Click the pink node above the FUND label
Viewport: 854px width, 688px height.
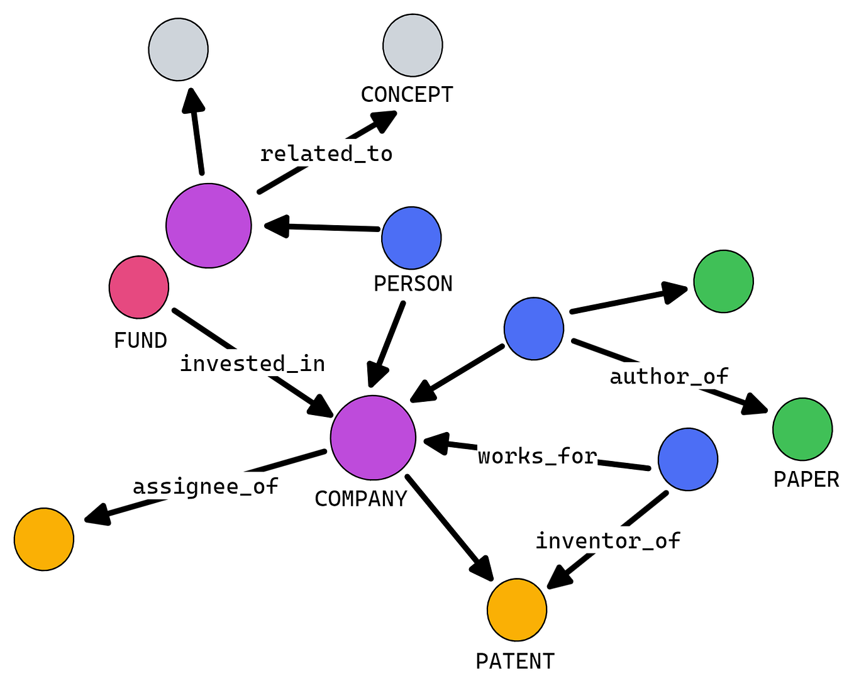point(139,287)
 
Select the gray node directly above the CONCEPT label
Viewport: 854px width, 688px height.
point(413,45)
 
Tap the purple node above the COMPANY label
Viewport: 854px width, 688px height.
point(373,438)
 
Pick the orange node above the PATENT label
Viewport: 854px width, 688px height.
point(517,609)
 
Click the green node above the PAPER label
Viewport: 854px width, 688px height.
point(802,429)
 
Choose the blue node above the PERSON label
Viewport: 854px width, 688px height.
point(411,238)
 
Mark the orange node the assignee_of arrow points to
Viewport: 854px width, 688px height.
point(44,539)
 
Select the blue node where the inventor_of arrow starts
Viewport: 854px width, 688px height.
point(688,459)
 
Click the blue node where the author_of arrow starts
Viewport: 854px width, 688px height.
point(534,329)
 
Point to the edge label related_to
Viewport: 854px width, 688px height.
point(326,154)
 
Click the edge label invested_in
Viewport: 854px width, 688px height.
point(252,363)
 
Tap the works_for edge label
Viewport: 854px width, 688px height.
point(537,456)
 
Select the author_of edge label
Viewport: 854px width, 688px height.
point(668,376)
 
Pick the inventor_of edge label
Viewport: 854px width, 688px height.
point(607,541)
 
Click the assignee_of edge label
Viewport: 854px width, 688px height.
point(205,486)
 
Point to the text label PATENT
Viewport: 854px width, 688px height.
point(515,662)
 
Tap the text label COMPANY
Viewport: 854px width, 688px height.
point(361,499)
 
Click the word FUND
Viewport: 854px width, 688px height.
point(140,340)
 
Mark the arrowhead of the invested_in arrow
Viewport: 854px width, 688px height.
point(322,407)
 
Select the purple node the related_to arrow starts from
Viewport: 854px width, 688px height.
point(209,226)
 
